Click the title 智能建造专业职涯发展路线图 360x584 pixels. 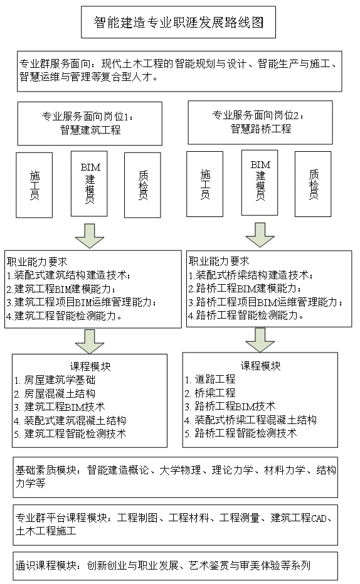[178, 23]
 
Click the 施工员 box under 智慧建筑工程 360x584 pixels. [34, 185]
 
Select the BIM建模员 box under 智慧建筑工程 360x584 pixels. [89, 184]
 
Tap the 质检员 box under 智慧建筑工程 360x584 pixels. [142, 185]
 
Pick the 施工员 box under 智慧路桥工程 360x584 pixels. [204, 184]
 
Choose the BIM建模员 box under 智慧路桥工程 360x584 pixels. [260, 183]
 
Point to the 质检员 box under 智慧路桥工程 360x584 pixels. [313, 184]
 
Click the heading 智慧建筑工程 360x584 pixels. [90, 130]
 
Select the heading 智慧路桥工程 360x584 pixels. [261, 129]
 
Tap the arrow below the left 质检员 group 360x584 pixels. [89, 236]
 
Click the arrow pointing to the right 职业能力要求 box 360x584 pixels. [260, 235]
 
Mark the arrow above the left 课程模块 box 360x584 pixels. [90, 341]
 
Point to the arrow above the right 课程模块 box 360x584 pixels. [260, 340]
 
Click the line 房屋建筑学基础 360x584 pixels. [55, 380]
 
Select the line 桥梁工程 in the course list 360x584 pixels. [210, 393]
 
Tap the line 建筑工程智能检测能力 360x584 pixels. [64, 316]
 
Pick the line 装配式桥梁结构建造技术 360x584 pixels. [250, 275]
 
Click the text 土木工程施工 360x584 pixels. [46, 531]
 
